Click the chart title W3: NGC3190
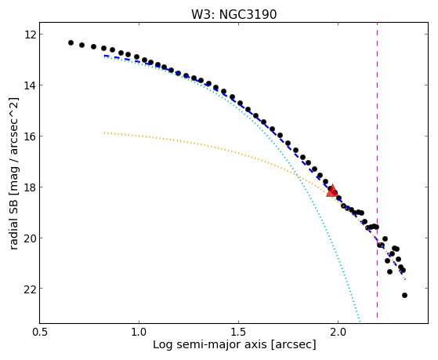(x=233, y=14)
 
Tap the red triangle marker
(x=332, y=191)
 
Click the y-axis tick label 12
(x=29, y=35)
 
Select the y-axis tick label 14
(x=29, y=85)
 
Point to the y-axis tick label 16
(x=29, y=136)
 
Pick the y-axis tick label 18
(x=29, y=187)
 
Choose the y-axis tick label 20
(x=29, y=238)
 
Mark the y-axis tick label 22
(x=29, y=289)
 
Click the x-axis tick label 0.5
(x=40, y=333)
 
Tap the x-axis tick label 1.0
(x=139, y=333)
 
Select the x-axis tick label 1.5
(x=238, y=333)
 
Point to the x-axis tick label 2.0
(x=338, y=333)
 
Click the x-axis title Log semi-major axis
(x=210, y=345)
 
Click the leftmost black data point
(x=71, y=42)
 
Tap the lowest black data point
(x=404, y=295)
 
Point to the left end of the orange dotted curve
(x=104, y=133)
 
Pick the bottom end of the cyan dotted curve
(x=360, y=322)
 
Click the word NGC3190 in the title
(x=248, y=14)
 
